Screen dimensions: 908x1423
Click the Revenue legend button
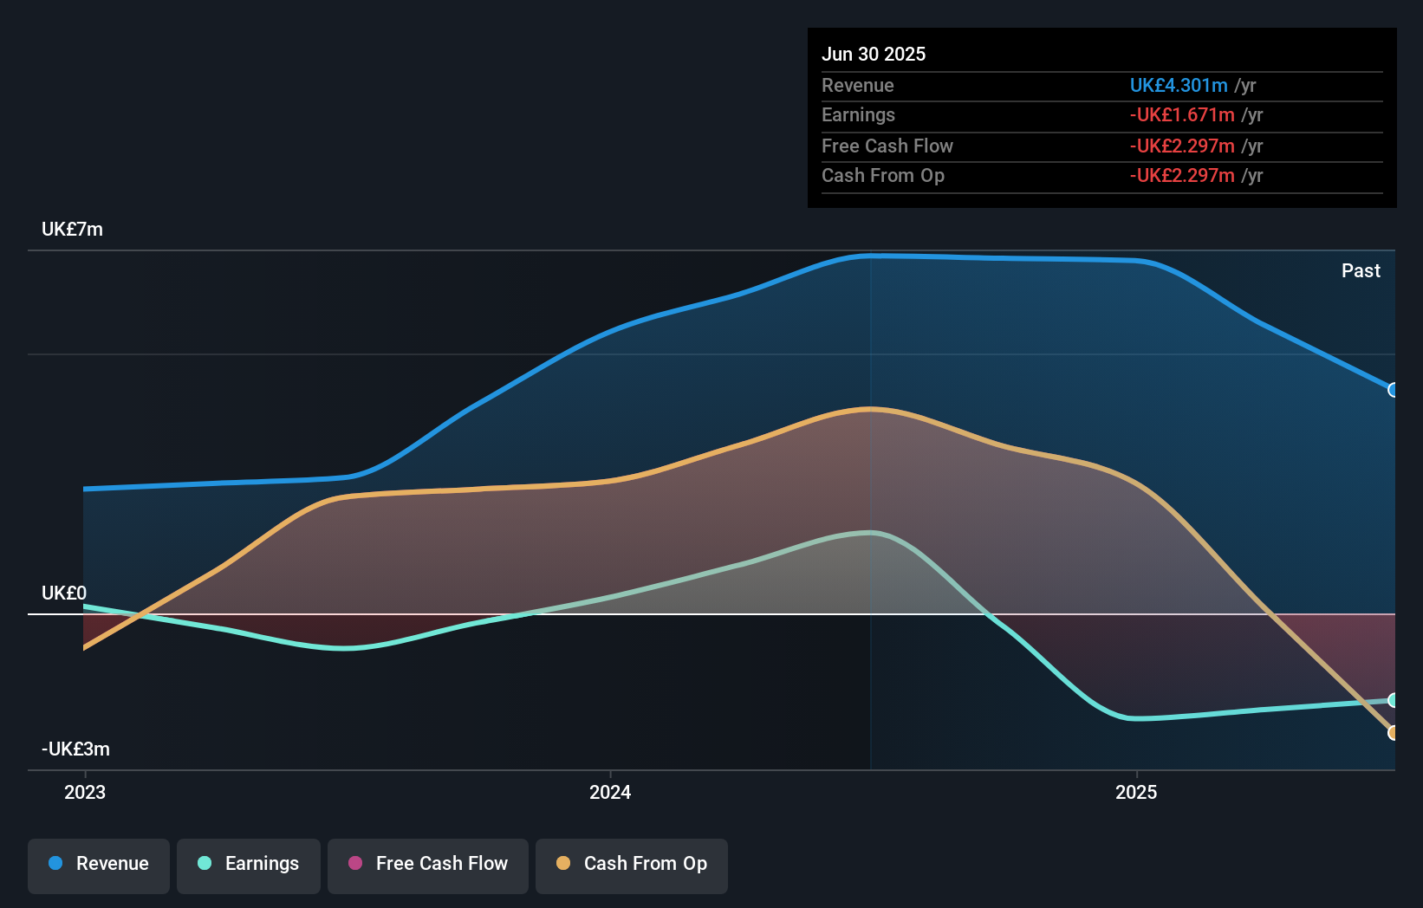click(x=99, y=865)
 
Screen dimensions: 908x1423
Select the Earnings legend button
click(x=249, y=865)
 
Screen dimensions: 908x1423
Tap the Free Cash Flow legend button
click(x=428, y=865)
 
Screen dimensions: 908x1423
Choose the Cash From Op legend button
click(x=632, y=865)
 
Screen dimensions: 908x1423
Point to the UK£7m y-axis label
click(x=72, y=230)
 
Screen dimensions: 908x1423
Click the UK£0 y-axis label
click(x=64, y=593)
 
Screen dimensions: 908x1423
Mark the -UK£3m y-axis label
click(x=75, y=749)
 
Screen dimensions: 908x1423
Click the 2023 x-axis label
click(x=85, y=793)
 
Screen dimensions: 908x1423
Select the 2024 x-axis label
click(x=610, y=793)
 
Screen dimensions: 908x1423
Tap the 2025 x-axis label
click(x=1136, y=793)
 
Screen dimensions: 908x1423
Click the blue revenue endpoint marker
click(x=1394, y=390)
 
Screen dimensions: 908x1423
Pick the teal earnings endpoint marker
click(x=1394, y=700)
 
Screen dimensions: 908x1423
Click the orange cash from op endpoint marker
click(x=1394, y=733)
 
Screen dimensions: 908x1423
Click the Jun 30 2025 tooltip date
click(x=874, y=55)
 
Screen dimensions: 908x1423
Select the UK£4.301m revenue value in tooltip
click(x=1179, y=86)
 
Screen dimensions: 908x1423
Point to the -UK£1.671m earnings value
click(x=1182, y=115)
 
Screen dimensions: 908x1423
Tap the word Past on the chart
click(x=1361, y=271)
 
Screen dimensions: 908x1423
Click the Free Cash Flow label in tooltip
click(x=887, y=146)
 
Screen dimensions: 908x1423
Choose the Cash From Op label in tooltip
click(x=883, y=176)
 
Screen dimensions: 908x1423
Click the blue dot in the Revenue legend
click(x=55, y=864)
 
